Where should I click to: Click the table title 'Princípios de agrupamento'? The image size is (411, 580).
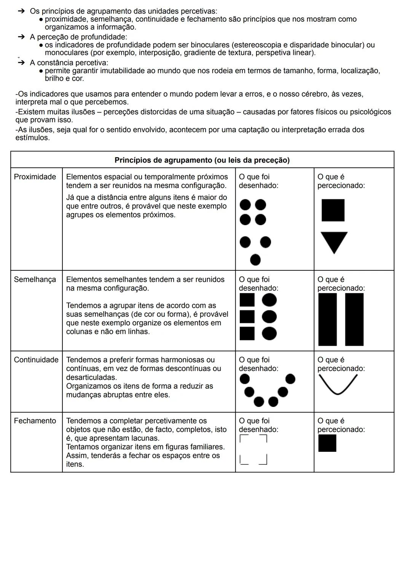coord(202,160)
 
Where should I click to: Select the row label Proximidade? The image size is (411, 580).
coord(35,177)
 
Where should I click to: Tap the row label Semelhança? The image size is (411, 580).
coord(35,280)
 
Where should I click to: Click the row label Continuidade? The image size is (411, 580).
coord(36,360)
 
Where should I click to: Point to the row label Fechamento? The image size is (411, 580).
coord(35,421)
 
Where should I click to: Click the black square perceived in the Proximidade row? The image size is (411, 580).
coord(333,210)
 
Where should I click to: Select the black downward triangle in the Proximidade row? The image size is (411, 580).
coord(334,241)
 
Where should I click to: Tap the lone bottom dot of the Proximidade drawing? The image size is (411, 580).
coord(255,260)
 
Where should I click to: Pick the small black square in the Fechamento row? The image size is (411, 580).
coord(327,443)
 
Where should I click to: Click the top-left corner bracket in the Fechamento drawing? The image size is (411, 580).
coord(243,438)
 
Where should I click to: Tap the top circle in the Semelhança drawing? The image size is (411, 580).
coord(269,300)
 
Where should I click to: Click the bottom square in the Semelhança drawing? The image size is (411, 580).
coord(247,333)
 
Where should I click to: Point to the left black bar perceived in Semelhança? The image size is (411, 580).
coord(327,319)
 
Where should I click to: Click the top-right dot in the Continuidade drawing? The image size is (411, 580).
coord(290,378)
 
